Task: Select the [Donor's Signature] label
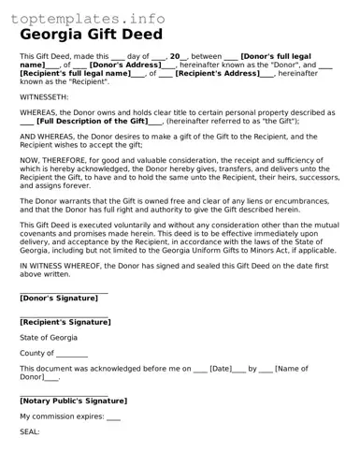coord(58,298)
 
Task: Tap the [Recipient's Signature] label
coord(65,322)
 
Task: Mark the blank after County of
coord(72,354)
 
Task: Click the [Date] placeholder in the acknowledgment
coord(221,370)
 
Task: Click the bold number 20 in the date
coord(175,56)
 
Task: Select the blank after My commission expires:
coord(113,417)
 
